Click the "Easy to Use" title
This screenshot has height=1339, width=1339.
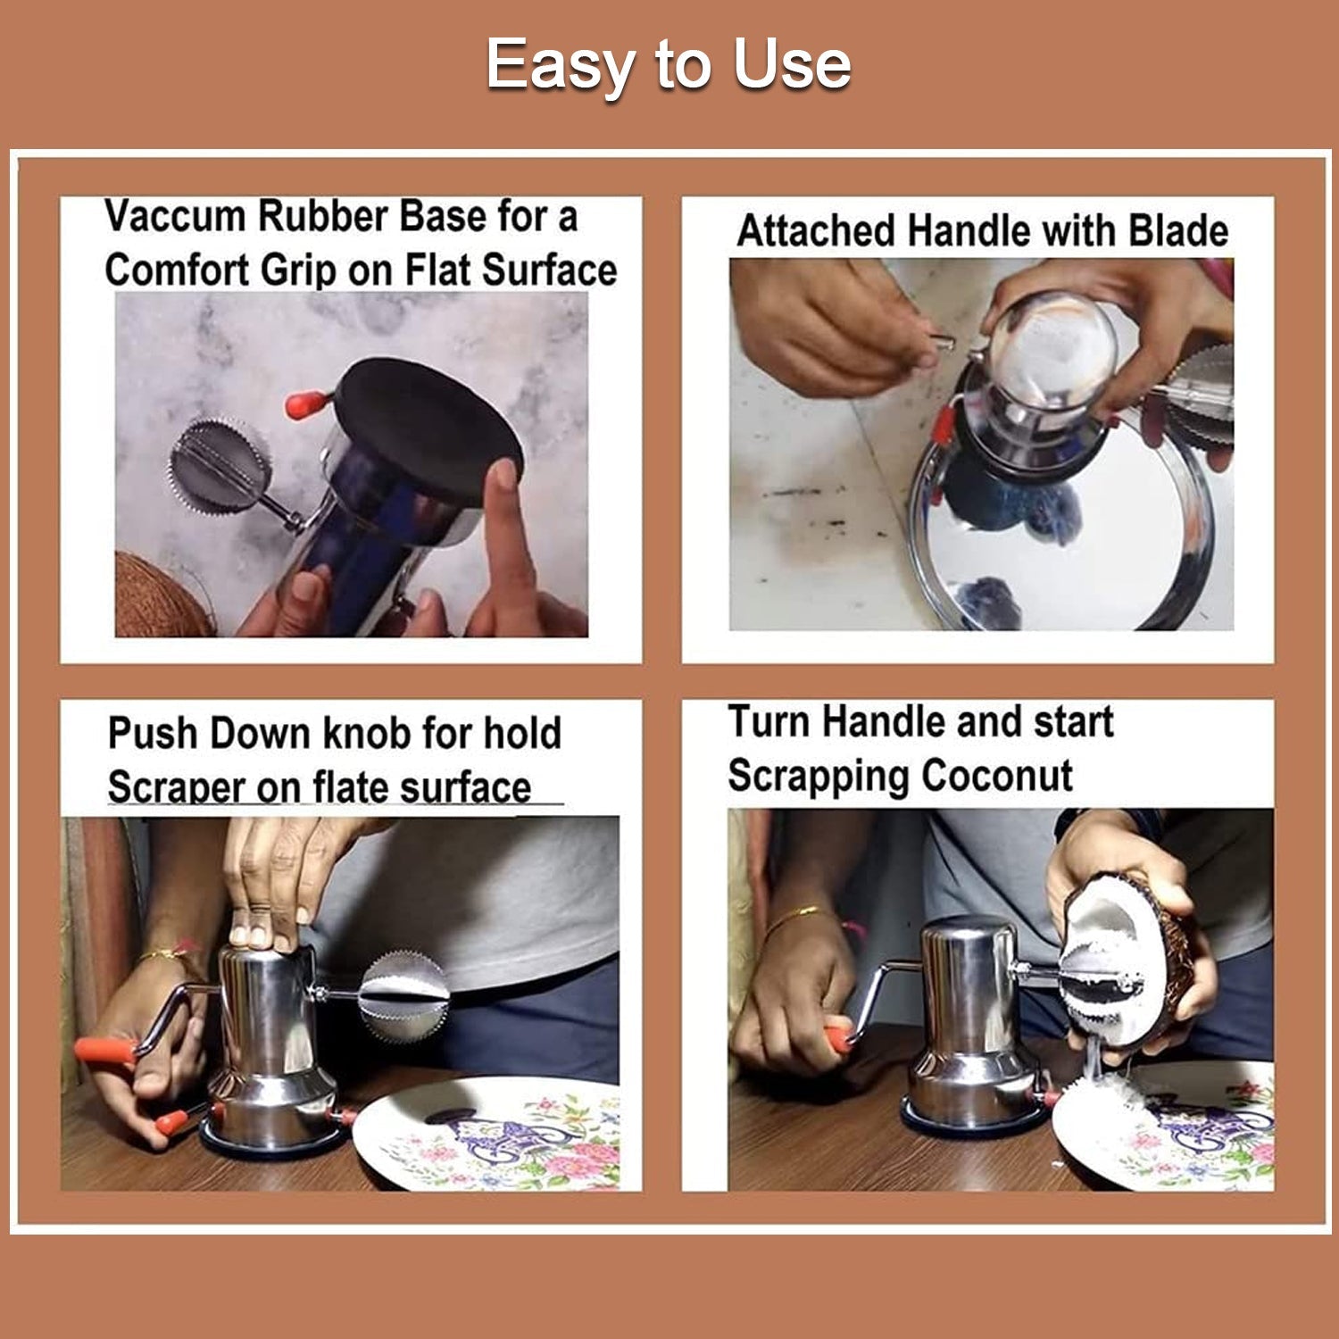click(668, 65)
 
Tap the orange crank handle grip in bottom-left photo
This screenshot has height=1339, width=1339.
click(103, 1048)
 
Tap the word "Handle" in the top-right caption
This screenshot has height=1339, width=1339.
click(969, 231)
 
